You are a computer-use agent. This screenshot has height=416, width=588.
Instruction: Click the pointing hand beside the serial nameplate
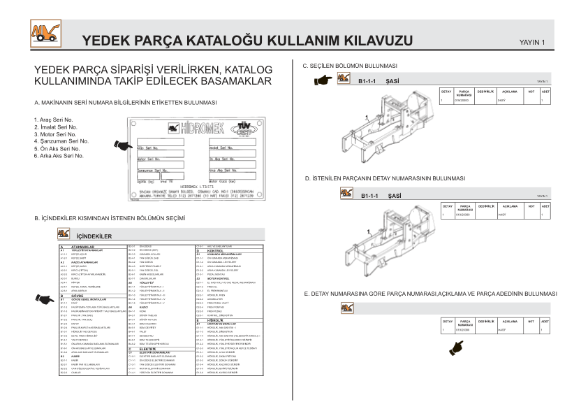coord(123,145)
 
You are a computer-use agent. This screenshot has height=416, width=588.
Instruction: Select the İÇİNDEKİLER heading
coord(94,236)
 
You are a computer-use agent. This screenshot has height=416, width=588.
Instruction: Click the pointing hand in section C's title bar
coord(323,80)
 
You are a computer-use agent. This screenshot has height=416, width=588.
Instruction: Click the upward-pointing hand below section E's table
coord(457,345)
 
